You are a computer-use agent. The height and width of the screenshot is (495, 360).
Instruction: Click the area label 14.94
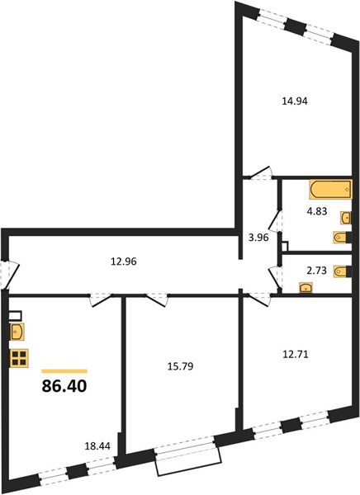(x=294, y=101)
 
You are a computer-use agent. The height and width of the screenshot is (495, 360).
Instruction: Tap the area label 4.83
(x=317, y=211)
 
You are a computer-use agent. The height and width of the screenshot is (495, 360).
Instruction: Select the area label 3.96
(x=258, y=237)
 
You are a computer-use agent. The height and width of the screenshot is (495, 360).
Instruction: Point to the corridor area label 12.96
(x=124, y=262)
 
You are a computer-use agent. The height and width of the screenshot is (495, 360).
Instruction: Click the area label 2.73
(x=316, y=271)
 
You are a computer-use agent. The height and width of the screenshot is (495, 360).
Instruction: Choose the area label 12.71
(x=295, y=354)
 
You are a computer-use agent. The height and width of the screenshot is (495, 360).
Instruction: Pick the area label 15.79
(x=180, y=366)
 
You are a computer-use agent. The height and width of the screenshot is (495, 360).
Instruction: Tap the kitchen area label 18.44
(x=97, y=446)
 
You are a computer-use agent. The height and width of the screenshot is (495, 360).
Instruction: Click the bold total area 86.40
(x=64, y=386)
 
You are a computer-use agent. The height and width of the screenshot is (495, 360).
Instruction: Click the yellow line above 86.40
(x=64, y=371)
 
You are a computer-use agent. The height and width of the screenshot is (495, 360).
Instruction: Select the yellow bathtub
(x=330, y=190)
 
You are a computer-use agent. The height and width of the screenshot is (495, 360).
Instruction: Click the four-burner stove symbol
(x=19, y=358)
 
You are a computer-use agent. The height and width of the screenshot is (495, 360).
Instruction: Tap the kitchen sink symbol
(x=17, y=332)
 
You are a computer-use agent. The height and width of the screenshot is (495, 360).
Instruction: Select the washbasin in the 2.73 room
(x=306, y=288)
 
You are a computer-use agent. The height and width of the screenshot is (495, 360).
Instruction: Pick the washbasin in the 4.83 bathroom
(x=346, y=218)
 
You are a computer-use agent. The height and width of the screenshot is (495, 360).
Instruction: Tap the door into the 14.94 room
(x=261, y=173)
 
